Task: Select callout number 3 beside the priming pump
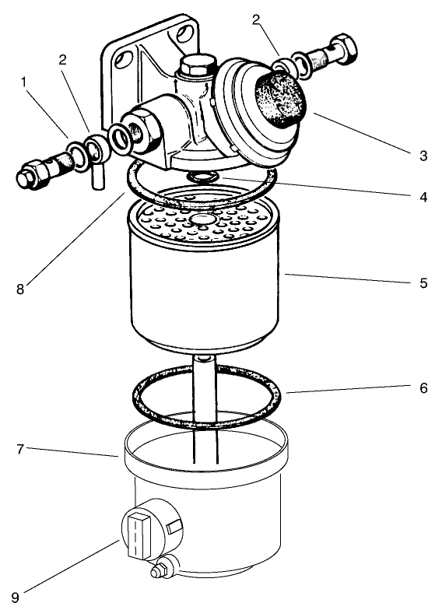423,156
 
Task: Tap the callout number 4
423,198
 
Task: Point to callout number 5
423,283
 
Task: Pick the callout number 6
423,387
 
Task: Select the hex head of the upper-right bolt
346,50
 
